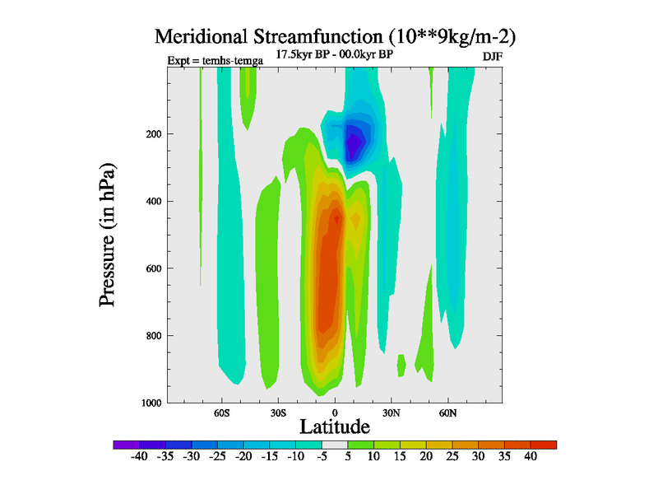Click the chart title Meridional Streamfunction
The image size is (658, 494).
[x=336, y=37]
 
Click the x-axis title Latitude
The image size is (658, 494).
[x=335, y=426]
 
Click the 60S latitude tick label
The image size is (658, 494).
[x=223, y=412]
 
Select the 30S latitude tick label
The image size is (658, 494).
[x=278, y=412]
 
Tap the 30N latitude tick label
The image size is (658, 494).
[x=391, y=412]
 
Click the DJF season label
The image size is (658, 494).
[x=491, y=55]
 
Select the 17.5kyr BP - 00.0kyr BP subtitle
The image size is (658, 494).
[x=334, y=54]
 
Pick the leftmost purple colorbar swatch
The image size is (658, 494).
[x=125, y=445]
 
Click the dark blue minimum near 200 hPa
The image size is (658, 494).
[x=354, y=147]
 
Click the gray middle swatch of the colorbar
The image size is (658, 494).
[x=335, y=445]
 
